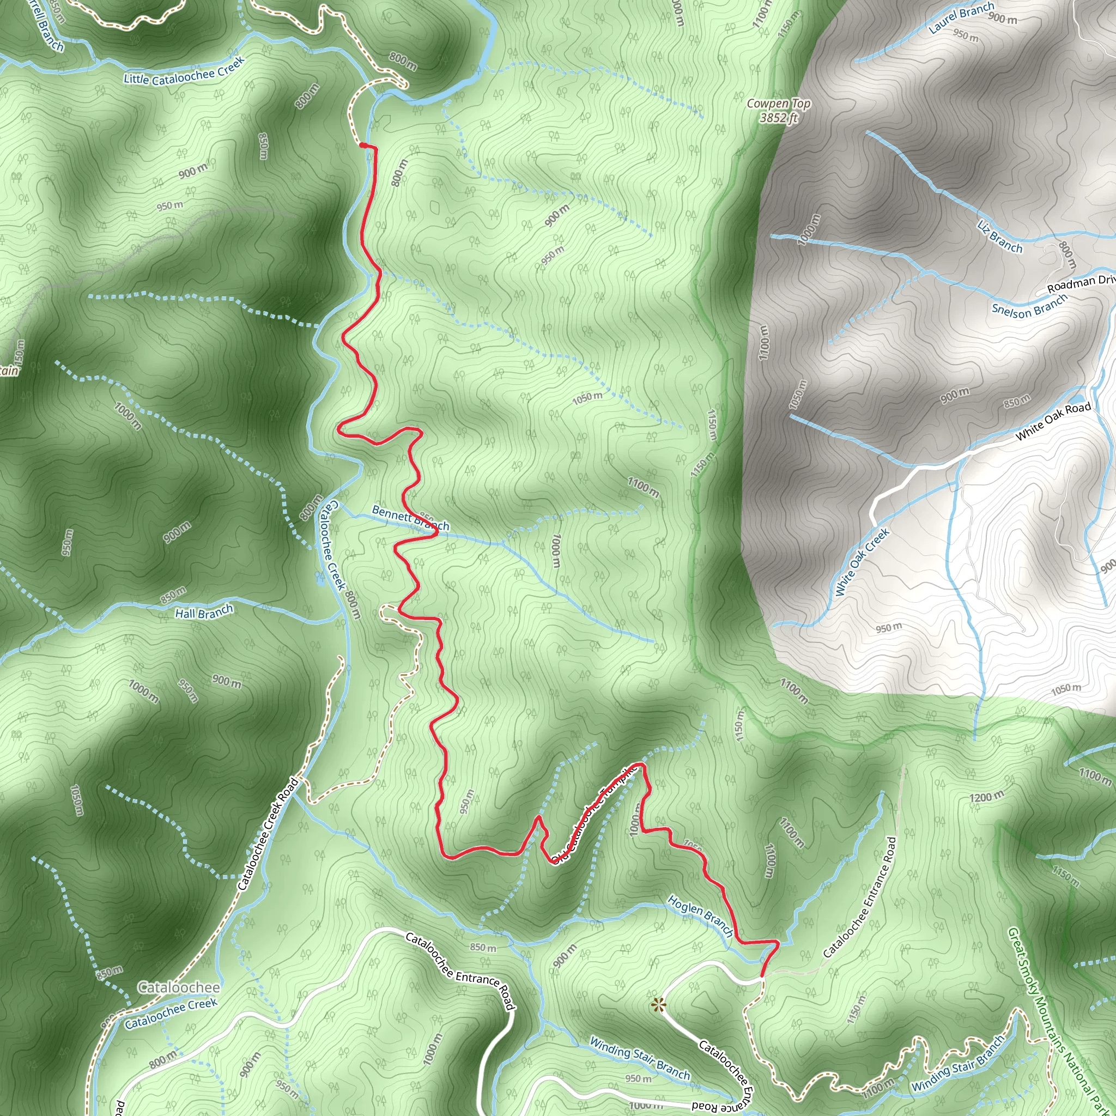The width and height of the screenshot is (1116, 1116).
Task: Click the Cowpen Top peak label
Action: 778,104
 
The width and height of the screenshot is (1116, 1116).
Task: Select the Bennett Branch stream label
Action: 410,518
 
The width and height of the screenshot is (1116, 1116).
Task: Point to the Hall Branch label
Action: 204,612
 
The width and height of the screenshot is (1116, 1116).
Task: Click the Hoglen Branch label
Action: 701,915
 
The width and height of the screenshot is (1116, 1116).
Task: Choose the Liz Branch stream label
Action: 1000,236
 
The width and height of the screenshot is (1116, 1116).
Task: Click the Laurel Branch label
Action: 961,17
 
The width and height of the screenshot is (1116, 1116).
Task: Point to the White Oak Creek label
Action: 862,561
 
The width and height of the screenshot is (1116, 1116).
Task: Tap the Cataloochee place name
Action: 179,987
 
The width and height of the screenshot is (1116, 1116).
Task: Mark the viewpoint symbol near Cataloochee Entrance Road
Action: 657,1005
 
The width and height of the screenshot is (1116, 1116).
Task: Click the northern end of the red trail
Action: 362,145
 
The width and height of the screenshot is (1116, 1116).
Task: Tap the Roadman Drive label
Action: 1081,283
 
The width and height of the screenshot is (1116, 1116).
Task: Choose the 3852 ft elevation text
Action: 778,118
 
